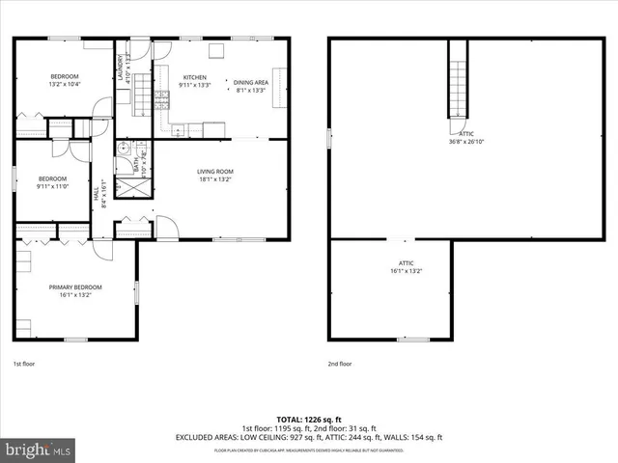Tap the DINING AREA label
[x=251, y=83]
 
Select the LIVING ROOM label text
[x=216, y=172]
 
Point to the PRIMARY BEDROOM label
[x=75, y=286]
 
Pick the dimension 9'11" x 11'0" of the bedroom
[x=52, y=186]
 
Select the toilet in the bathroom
[x=124, y=149]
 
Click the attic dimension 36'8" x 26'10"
[x=466, y=142]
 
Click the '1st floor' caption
[x=23, y=364]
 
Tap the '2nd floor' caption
[x=340, y=364]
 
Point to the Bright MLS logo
[x=39, y=450]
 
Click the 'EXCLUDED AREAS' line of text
[x=308, y=437]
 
